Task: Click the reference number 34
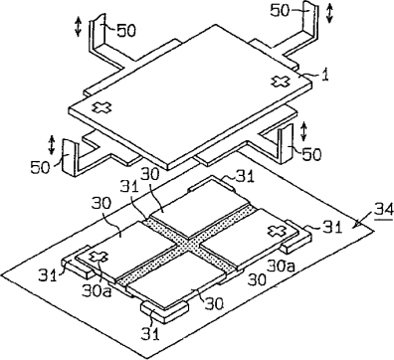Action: pyautogui.click(x=384, y=209)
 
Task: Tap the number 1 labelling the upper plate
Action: pyautogui.click(x=325, y=75)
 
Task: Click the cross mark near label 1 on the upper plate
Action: pyautogui.click(x=281, y=81)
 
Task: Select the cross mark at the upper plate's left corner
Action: pyautogui.click(x=101, y=107)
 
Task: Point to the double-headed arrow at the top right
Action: pyautogui.click(x=329, y=13)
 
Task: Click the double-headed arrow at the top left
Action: pyautogui.click(x=78, y=27)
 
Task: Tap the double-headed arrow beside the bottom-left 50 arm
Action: pyautogui.click(x=52, y=144)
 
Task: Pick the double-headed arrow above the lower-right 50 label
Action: pyautogui.click(x=303, y=131)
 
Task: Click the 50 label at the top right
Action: pyautogui.click(x=280, y=10)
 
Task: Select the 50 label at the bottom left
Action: pyautogui.click(x=40, y=166)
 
